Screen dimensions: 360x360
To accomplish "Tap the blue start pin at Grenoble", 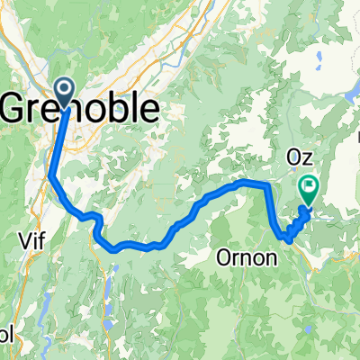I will [x=67, y=91].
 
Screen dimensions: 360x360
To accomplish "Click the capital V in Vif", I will [x=23, y=240].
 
